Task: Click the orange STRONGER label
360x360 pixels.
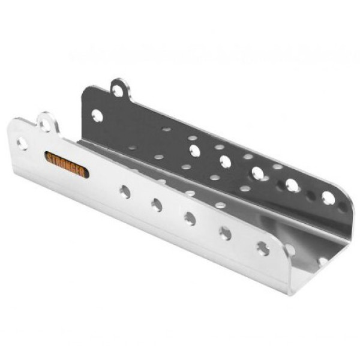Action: [x=67, y=164]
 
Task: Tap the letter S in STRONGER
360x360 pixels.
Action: [x=50, y=158]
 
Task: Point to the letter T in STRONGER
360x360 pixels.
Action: [x=55, y=160]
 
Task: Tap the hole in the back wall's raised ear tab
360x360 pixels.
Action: [x=118, y=91]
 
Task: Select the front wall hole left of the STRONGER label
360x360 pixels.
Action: [x=22, y=143]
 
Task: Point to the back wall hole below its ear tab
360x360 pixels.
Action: [x=97, y=115]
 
